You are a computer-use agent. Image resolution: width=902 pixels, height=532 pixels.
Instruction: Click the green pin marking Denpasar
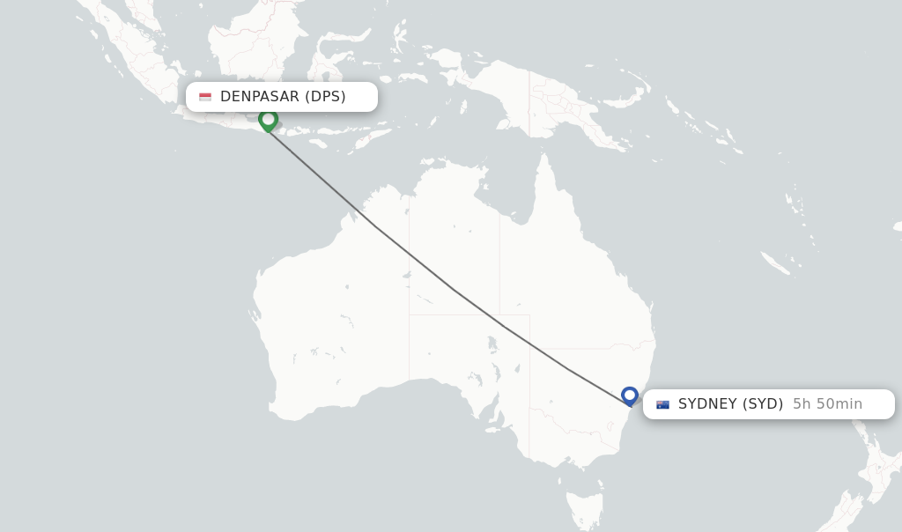coord(269,119)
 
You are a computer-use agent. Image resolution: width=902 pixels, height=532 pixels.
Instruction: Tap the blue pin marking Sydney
coord(629,395)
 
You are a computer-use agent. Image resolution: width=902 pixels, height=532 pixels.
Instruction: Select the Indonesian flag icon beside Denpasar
coord(205,97)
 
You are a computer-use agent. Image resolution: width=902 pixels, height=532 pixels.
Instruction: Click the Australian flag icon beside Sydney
coord(662,404)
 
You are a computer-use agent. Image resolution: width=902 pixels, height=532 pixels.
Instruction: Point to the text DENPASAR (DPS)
coord(283,97)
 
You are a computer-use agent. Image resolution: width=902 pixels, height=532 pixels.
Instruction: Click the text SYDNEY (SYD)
coord(730,404)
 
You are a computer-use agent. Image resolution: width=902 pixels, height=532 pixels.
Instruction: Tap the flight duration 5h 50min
coord(827,404)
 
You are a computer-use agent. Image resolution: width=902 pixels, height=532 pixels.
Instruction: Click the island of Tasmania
coord(584,509)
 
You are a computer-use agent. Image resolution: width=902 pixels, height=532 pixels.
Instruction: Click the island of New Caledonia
coord(775,262)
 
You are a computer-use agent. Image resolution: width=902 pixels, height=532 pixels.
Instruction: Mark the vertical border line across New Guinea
coord(529,101)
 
